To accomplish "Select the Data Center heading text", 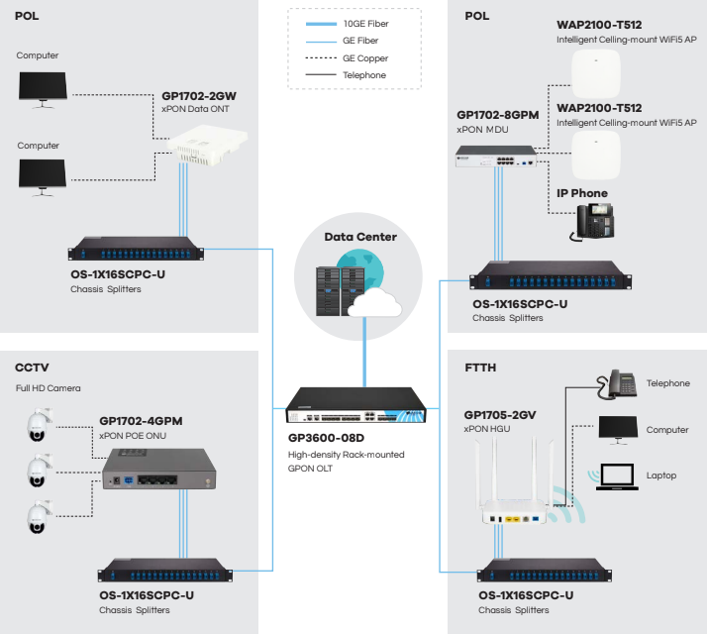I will (360, 237).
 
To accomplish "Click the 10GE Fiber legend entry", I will (363, 22).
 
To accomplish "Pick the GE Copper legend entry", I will (363, 57).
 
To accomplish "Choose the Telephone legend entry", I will (363, 75).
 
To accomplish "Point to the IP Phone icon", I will (591, 222).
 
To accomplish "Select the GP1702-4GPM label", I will (141, 421).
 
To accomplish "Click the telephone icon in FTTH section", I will (621, 383).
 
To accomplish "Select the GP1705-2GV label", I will (500, 415).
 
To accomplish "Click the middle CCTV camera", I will (39, 471).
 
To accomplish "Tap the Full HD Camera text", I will (48, 388).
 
